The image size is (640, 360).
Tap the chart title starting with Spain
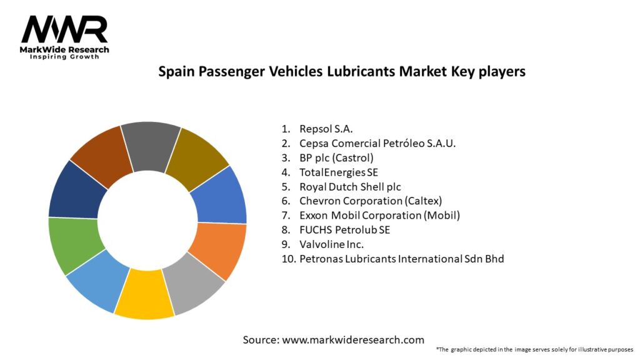(x=341, y=72)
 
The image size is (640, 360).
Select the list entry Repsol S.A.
(x=326, y=129)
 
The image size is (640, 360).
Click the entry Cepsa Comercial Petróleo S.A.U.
(x=377, y=143)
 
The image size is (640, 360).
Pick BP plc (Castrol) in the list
(x=336, y=157)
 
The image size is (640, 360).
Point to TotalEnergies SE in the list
(x=339, y=172)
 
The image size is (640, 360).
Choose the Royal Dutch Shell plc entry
(x=350, y=186)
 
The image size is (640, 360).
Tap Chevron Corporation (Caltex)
(x=370, y=201)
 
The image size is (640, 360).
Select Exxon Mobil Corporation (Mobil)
(x=379, y=215)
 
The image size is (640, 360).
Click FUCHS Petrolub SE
(x=344, y=229)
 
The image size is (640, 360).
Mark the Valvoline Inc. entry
(x=331, y=244)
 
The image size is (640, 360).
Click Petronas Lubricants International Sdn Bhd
(x=401, y=258)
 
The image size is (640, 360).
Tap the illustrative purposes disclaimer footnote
(x=535, y=349)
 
